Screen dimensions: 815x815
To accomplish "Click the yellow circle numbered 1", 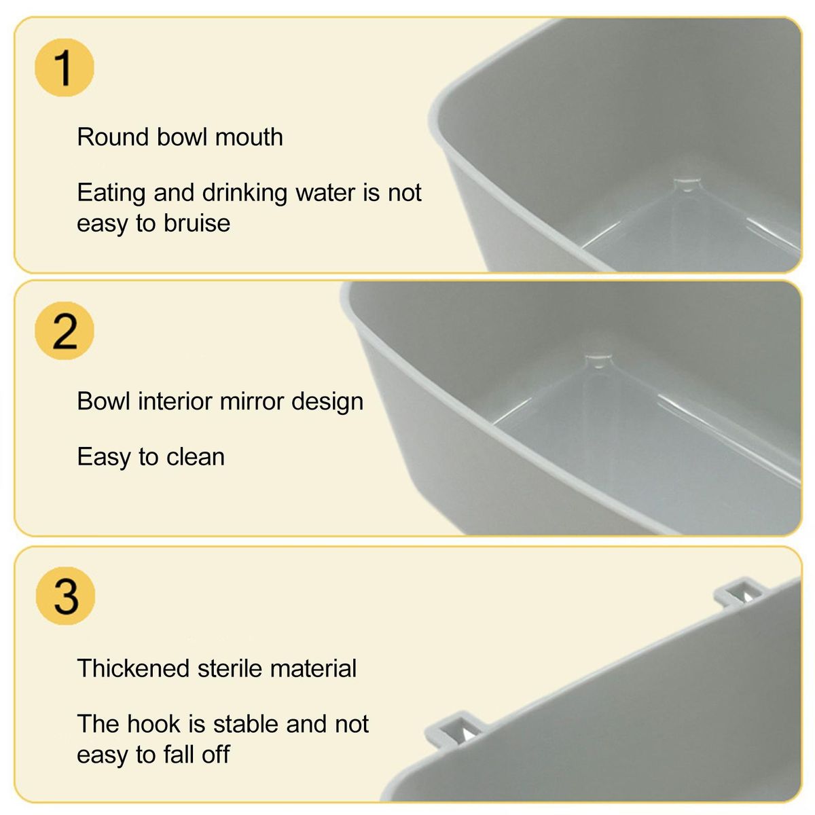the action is (x=65, y=68).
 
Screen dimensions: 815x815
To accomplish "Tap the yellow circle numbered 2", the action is (x=65, y=331).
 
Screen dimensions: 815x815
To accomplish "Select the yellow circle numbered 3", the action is (x=66, y=596).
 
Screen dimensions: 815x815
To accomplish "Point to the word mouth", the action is (x=249, y=137).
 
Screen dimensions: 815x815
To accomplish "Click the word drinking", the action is (x=245, y=194).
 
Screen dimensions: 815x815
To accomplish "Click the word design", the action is (x=327, y=402).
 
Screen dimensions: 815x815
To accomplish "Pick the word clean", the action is (x=196, y=457).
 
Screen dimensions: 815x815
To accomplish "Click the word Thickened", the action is (x=133, y=669).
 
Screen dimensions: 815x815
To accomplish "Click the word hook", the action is (x=154, y=723).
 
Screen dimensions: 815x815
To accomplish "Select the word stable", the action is (x=245, y=723).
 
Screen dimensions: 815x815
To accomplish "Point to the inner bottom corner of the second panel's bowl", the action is (x=598, y=361).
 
